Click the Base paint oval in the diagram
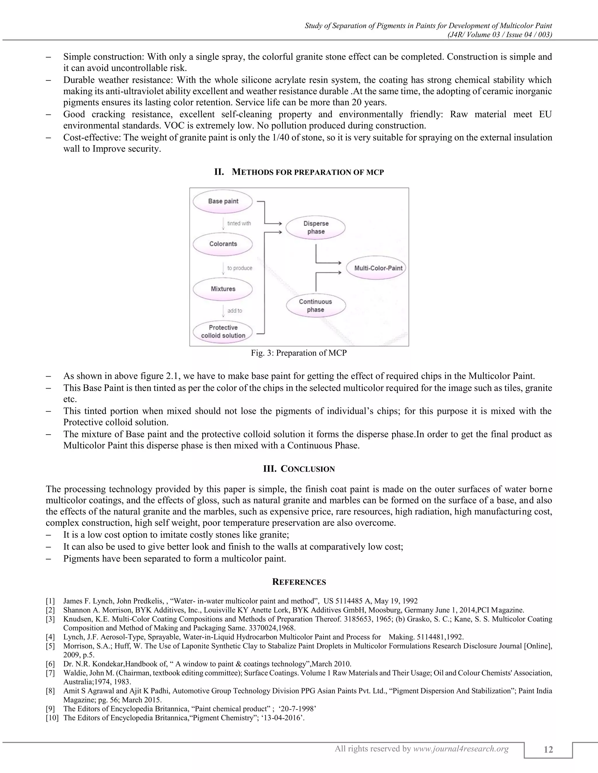click(x=223, y=201)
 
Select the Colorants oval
click(x=223, y=244)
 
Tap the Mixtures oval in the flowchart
click(x=223, y=289)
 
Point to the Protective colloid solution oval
click(x=223, y=332)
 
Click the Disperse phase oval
click(x=316, y=228)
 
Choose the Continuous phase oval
click(x=315, y=305)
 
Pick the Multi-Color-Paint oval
click(x=378, y=268)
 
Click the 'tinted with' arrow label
click(x=239, y=223)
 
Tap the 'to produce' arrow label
click(x=239, y=268)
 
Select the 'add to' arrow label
click(x=234, y=310)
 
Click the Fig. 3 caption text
click(x=299, y=353)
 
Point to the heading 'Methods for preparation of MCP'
click(x=299, y=172)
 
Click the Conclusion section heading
click(x=299, y=469)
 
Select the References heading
click(x=299, y=582)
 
